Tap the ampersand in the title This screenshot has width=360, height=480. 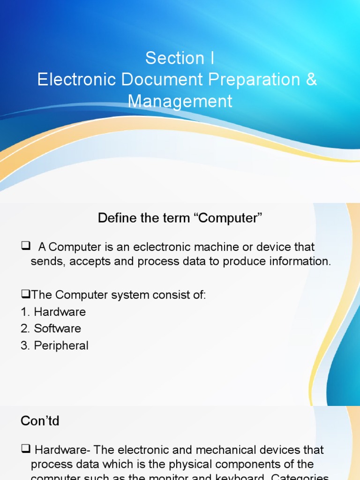coord(312,80)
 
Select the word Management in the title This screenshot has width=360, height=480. coord(180,101)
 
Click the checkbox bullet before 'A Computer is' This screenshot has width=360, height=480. coord(26,246)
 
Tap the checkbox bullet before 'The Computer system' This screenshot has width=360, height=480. coord(25,295)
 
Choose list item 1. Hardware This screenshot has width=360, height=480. coord(53,312)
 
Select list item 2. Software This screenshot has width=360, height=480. coord(51,329)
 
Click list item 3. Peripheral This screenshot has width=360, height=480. coord(54,346)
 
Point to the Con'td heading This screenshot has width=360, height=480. coord(40,421)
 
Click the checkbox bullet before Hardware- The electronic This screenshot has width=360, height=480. coord(26,450)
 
